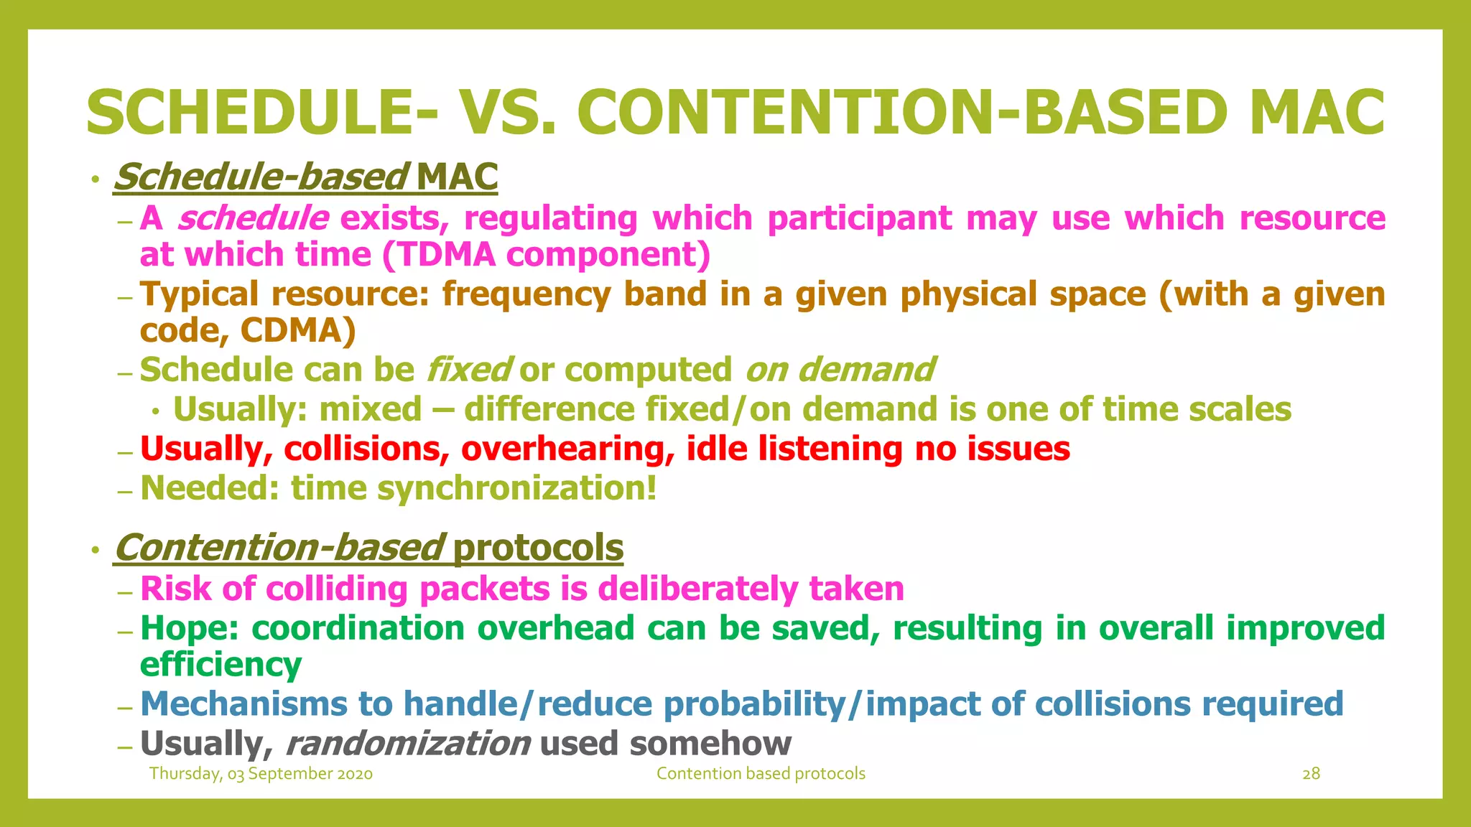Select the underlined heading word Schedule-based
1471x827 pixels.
coord(261,177)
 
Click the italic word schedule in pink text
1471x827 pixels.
coord(253,218)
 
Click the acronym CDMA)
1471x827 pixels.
coord(298,330)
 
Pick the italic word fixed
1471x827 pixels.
coord(468,370)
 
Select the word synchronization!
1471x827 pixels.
coord(516,488)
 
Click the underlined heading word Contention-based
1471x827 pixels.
coord(279,547)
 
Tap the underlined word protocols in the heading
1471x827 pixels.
coord(538,547)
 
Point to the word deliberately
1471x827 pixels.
coord(697,589)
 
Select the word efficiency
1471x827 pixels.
coord(221,665)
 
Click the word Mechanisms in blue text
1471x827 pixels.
coord(243,704)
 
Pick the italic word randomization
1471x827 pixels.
coord(408,743)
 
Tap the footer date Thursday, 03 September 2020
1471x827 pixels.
coord(261,773)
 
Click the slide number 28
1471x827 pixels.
coord(1311,773)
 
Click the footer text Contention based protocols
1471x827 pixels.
coord(761,773)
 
